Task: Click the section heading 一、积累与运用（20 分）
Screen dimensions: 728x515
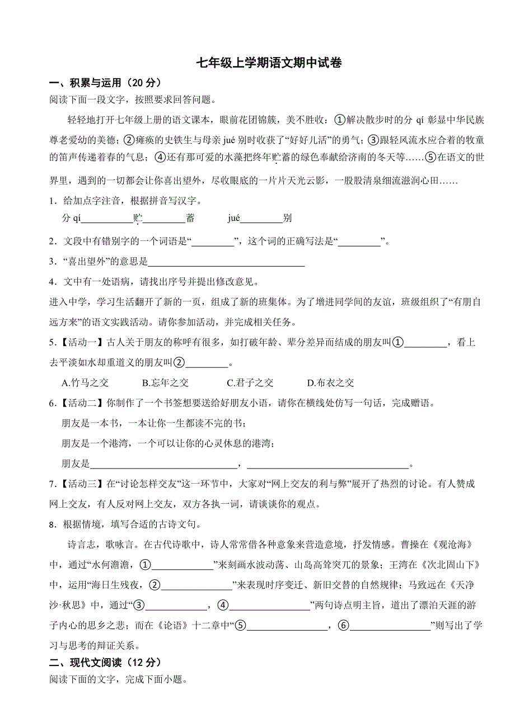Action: [105, 83]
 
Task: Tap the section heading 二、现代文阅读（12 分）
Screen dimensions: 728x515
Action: [105, 663]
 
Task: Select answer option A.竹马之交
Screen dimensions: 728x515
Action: [85, 383]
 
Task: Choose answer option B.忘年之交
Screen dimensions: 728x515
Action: [166, 383]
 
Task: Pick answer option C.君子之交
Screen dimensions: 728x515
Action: [250, 383]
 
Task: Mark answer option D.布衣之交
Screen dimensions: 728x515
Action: [330, 383]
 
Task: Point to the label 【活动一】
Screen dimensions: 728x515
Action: [81, 343]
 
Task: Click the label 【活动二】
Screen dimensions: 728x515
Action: [81, 404]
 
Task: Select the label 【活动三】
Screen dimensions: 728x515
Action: [81, 484]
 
